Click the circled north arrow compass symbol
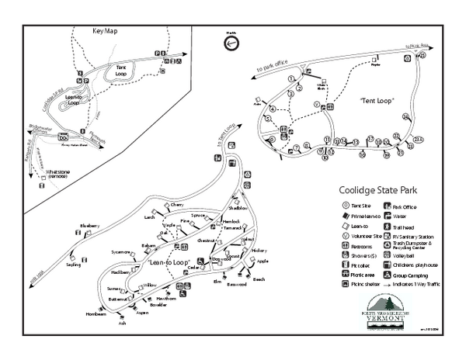[231, 44]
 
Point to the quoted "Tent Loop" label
[377, 102]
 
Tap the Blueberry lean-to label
[91, 226]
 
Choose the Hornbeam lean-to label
[96, 314]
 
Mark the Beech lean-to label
[259, 279]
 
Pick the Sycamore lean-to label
[121, 252]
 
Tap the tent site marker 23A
[419, 139]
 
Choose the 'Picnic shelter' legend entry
[363, 285]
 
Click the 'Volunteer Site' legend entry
[364, 235]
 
